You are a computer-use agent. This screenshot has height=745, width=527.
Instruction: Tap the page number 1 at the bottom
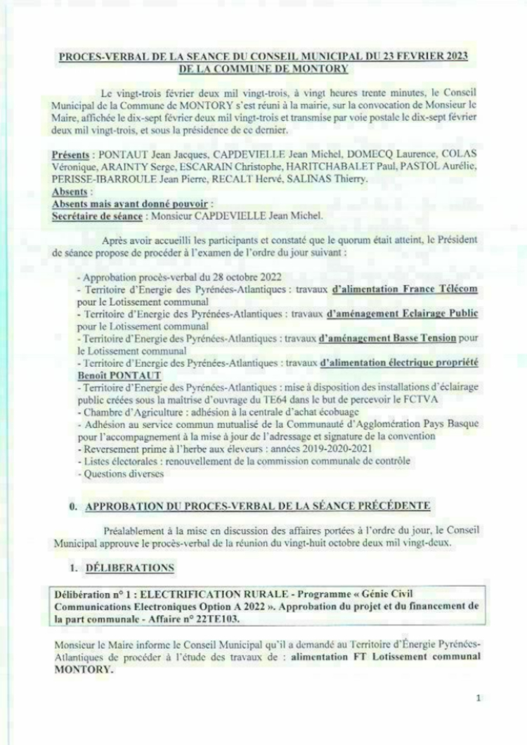click(x=478, y=698)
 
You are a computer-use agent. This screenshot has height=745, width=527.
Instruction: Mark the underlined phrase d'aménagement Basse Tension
click(x=387, y=338)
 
